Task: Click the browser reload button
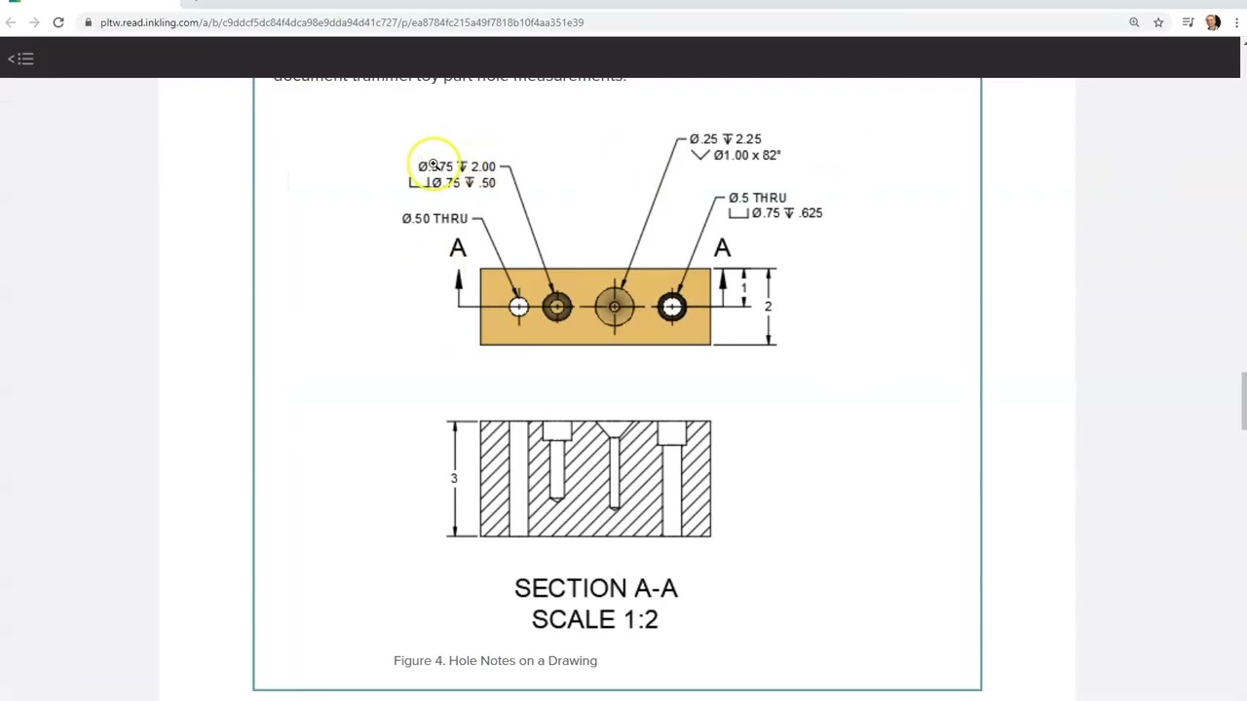click(58, 22)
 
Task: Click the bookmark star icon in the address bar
click(1158, 22)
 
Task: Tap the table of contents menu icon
click(20, 59)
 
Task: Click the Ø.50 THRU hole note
click(435, 219)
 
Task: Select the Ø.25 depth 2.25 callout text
click(725, 139)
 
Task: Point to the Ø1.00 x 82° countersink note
click(746, 155)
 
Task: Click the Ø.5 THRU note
click(757, 198)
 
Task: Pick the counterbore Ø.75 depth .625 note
click(786, 213)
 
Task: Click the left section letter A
click(458, 249)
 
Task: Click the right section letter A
click(722, 249)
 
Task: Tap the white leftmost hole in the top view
click(518, 308)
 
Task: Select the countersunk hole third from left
click(615, 308)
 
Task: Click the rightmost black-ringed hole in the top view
click(672, 308)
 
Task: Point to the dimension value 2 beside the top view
click(768, 307)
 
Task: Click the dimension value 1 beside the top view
click(744, 288)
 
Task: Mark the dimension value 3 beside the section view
click(454, 479)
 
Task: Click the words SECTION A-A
click(595, 588)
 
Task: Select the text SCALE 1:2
click(594, 619)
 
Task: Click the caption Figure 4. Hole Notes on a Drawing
click(495, 660)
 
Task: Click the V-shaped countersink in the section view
click(614, 429)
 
